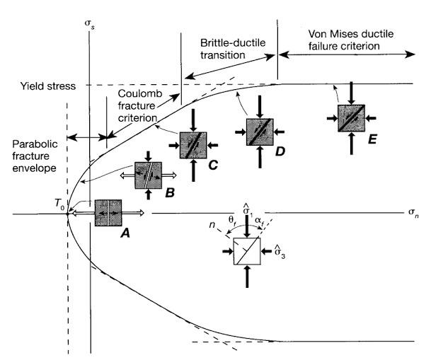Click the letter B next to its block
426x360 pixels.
(x=169, y=191)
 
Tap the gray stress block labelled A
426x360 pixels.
(x=108, y=212)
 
